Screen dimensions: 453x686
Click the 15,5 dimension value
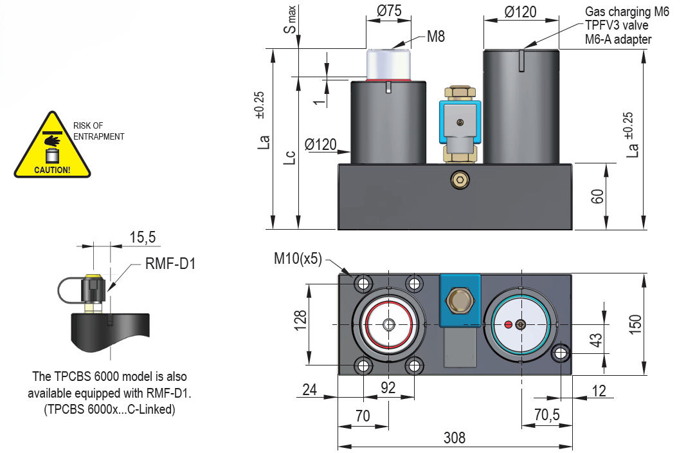142,237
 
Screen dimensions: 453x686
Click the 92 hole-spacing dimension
388,387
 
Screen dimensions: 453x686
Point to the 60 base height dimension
598,196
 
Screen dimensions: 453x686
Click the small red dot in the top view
509,324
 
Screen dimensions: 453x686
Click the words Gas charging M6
627,12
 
